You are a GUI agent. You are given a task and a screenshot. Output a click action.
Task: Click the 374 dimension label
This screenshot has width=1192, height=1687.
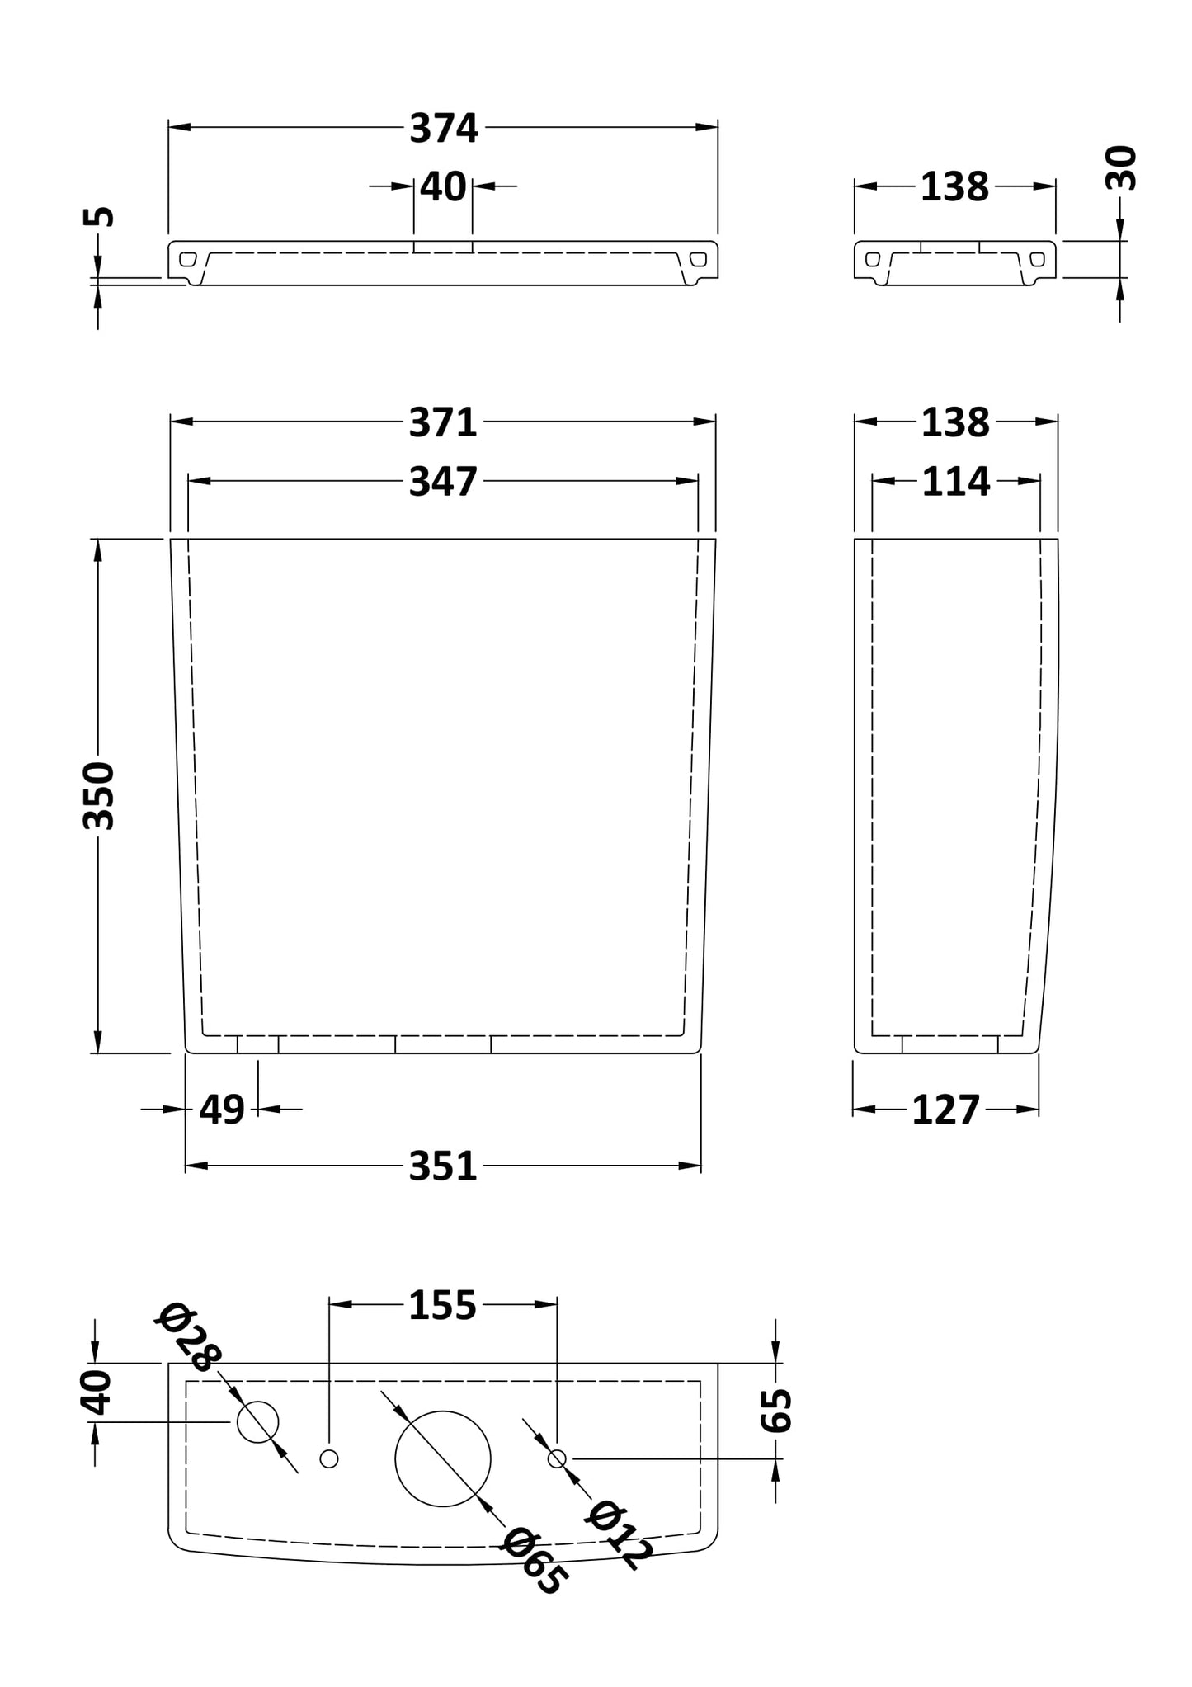(444, 129)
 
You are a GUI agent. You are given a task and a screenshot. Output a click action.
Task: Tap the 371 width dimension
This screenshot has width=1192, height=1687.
(443, 423)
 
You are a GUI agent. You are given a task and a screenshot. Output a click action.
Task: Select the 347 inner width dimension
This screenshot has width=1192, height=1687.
(443, 482)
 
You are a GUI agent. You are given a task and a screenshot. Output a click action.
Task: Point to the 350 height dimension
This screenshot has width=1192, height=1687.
(99, 795)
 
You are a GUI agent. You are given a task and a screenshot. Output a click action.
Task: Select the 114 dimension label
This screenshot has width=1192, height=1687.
(955, 482)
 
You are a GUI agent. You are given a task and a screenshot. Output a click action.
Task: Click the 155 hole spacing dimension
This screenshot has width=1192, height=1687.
(443, 1305)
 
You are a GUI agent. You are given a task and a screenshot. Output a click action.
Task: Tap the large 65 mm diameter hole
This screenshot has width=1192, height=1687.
(443, 1458)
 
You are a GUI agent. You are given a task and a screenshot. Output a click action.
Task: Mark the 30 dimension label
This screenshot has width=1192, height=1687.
(1121, 168)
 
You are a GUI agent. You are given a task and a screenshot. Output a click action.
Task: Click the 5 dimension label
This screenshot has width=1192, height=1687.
(99, 216)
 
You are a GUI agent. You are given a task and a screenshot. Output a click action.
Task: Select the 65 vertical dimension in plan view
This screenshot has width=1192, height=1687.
(776, 1410)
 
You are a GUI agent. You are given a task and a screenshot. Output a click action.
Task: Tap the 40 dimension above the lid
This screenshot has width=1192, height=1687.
(443, 187)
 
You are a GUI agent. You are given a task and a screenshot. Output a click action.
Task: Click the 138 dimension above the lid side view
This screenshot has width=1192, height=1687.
(954, 188)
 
